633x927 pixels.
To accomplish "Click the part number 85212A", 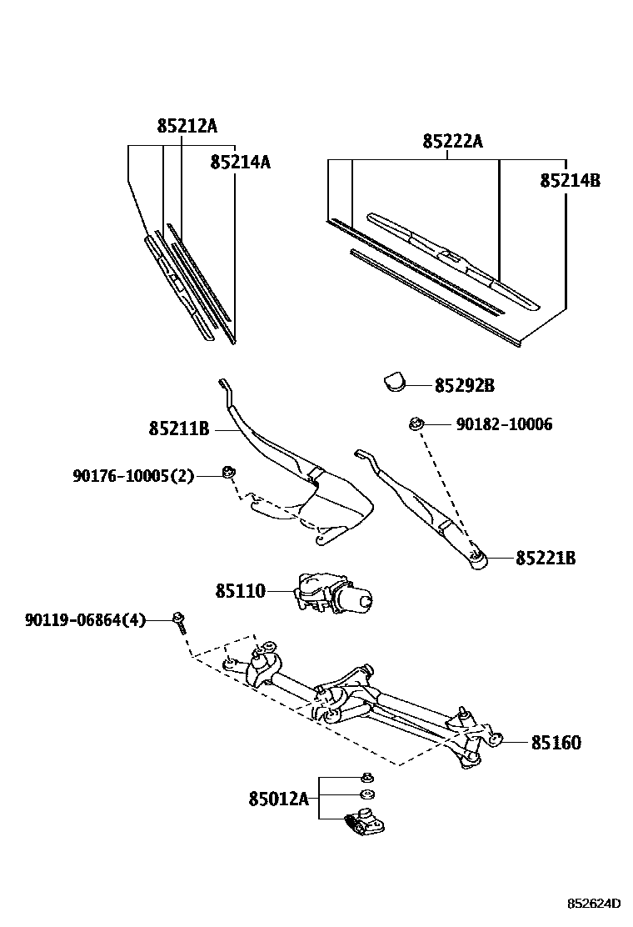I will (187, 126).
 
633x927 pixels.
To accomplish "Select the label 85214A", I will (240, 162).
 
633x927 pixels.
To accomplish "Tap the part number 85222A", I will (452, 142).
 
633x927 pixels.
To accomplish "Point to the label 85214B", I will (570, 180).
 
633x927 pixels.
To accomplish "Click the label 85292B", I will (464, 386).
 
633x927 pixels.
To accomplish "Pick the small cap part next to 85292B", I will (395, 381).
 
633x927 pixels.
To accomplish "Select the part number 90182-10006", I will (504, 424).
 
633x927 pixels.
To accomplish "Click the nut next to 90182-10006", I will (415, 425).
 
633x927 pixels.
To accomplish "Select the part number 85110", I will (240, 591).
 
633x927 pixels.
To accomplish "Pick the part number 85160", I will (556, 742).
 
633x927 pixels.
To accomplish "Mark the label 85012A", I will (278, 799).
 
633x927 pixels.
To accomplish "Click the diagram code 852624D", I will (595, 903).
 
